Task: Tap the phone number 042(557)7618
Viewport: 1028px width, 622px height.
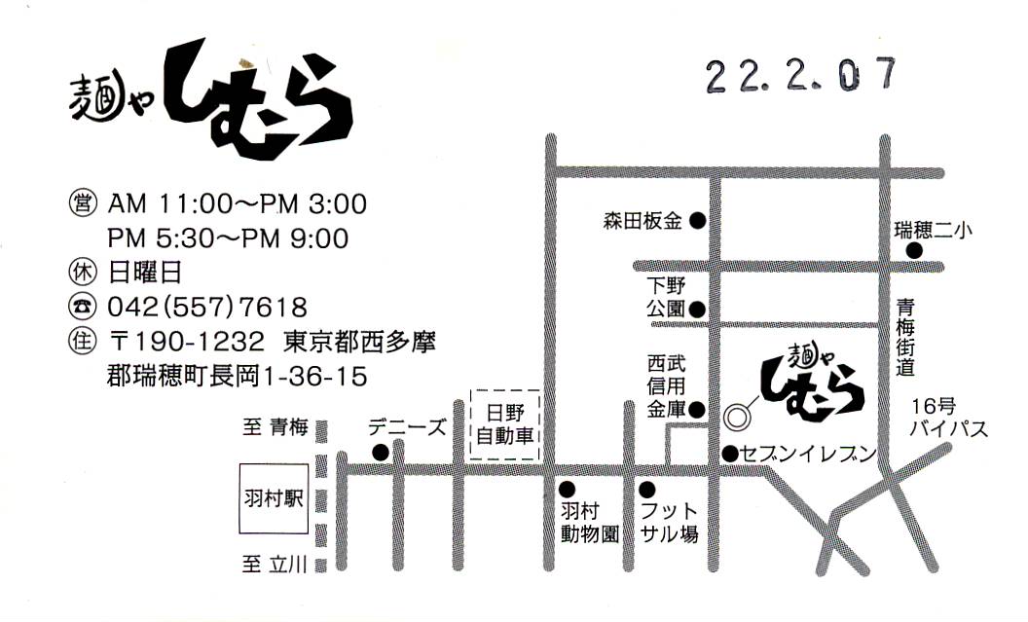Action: click(x=207, y=308)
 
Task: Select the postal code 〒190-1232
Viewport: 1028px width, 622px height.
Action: click(x=187, y=343)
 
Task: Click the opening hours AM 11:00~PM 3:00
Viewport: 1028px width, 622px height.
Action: click(x=238, y=204)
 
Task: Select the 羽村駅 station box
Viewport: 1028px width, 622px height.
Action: click(x=274, y=501)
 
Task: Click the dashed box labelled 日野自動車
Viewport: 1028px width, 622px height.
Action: click(x=504, y=424)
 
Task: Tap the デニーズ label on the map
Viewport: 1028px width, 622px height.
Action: click(x=406, y=426)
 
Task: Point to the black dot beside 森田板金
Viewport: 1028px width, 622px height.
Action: click(x=697, y=221)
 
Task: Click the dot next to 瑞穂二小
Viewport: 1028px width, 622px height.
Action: click(x=914, y=251)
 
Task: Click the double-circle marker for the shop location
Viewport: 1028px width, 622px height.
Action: click(x=736, y=416)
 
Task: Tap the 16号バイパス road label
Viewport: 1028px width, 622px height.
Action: click(x=948, y=418)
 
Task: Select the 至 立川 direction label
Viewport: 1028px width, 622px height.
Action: click(x=275, y=564)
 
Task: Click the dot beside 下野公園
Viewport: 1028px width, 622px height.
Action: click(x=697, y=310)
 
